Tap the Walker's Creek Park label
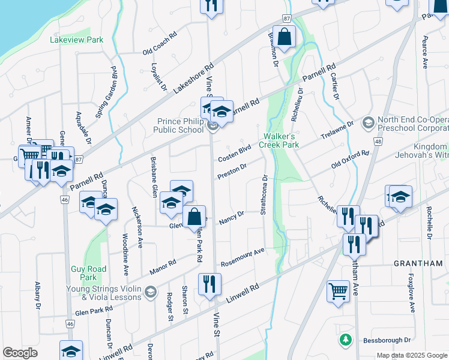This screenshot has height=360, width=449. pyautogui.click(x=279, y=140)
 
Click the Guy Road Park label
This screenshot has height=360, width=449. pyautogui.click(x=83, y=273)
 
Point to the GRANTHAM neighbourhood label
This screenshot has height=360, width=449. pyautogui.click(x=418, y=263)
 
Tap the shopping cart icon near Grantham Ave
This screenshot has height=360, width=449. pyautogui.click(x=339, y=292)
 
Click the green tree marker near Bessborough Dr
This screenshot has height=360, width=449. pyautogui.click(x=345, y=340)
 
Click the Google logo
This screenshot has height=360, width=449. pyautogui.click(x=20, y=352)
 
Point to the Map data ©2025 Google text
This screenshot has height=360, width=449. pyautogui.click(x=411, y=355)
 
